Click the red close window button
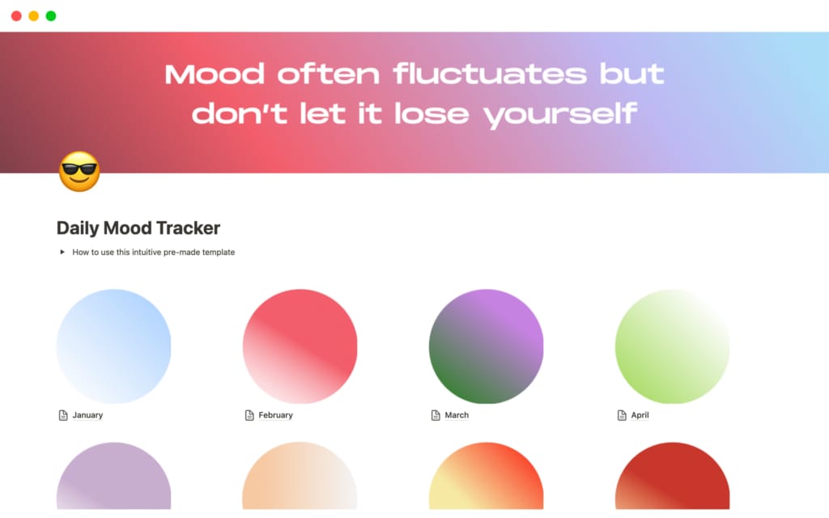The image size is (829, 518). coord(16,16)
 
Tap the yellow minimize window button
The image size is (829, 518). coord(33,16)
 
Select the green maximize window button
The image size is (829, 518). coord(51,16)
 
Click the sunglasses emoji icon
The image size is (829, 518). coord(79,172)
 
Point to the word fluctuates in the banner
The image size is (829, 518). coord(490,74)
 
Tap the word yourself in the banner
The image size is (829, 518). coord(560,113)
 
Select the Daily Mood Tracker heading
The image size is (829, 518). coord(138,228)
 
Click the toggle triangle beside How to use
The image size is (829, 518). coord(62,252)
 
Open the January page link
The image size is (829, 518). coord(87,415)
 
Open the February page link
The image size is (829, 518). coord(275,415)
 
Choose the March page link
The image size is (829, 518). coord(457,415)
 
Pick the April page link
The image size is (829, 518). coord(640,415)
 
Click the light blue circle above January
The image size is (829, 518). coord(113,346)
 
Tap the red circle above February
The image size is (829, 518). coord(300,346)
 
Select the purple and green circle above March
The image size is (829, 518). coord(486,346)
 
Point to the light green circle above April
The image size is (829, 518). coord(672,346)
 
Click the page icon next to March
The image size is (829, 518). coord(436,415)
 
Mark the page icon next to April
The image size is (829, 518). coord(622,415)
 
